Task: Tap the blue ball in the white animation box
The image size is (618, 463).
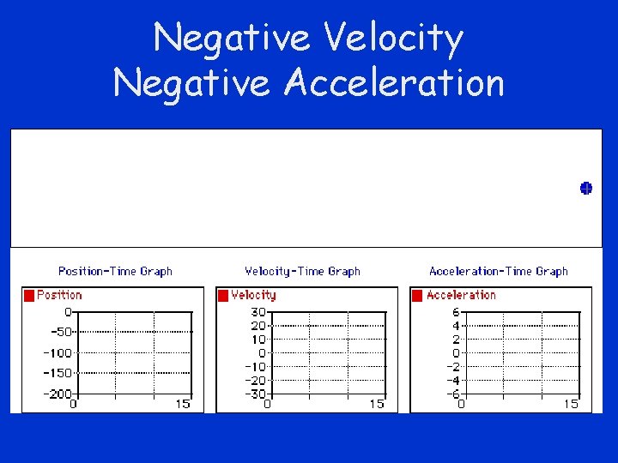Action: pos(585,189)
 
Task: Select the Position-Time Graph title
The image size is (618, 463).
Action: pos(115,271)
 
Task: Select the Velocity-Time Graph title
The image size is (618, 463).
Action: pos(302,271)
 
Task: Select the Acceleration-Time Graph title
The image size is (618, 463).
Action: pos(498,271)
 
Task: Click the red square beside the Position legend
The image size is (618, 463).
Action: pos(29,295)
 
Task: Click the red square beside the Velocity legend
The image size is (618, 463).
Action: pos(223,295)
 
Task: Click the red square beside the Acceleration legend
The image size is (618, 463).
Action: pos(417,295)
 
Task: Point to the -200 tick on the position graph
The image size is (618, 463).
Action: pos(57,394)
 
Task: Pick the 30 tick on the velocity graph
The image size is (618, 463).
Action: pos(257,312)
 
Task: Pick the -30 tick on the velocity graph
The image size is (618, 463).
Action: pos(254,394)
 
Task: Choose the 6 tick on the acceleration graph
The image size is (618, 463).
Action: pos(457,312)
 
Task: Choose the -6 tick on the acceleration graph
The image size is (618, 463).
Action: pos(453,394)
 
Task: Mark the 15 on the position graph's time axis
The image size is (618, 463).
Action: pos(183,404)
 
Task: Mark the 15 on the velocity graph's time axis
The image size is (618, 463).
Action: pos(377,404)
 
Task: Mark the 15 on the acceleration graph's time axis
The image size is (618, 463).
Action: pos(571,404)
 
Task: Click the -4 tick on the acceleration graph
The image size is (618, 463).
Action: pos(453,380)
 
